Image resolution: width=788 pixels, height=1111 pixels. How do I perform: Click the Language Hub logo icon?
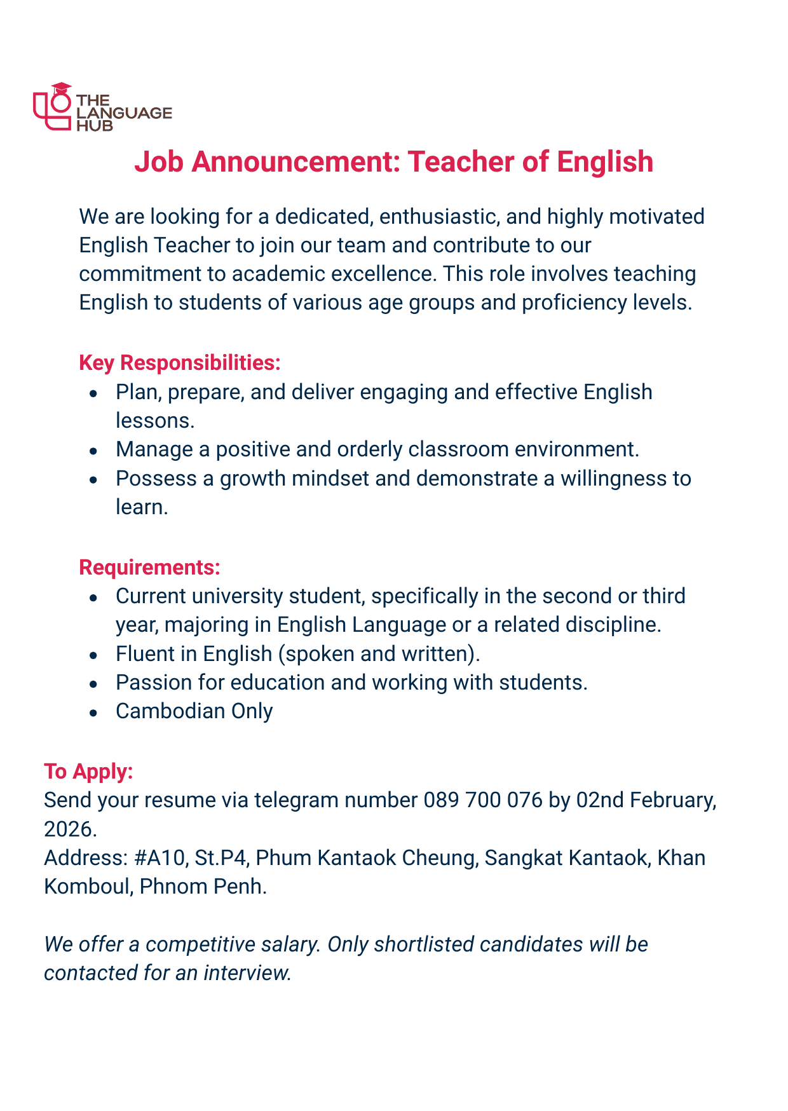tap(52, 107)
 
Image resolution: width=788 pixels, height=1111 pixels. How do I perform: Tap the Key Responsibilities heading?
tap(180, 363)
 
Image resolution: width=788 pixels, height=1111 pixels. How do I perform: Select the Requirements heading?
tap(149, 568)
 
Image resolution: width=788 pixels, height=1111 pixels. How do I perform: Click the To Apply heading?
tap(88, 771)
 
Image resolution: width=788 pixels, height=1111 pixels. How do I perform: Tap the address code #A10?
tap(161, 857)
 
